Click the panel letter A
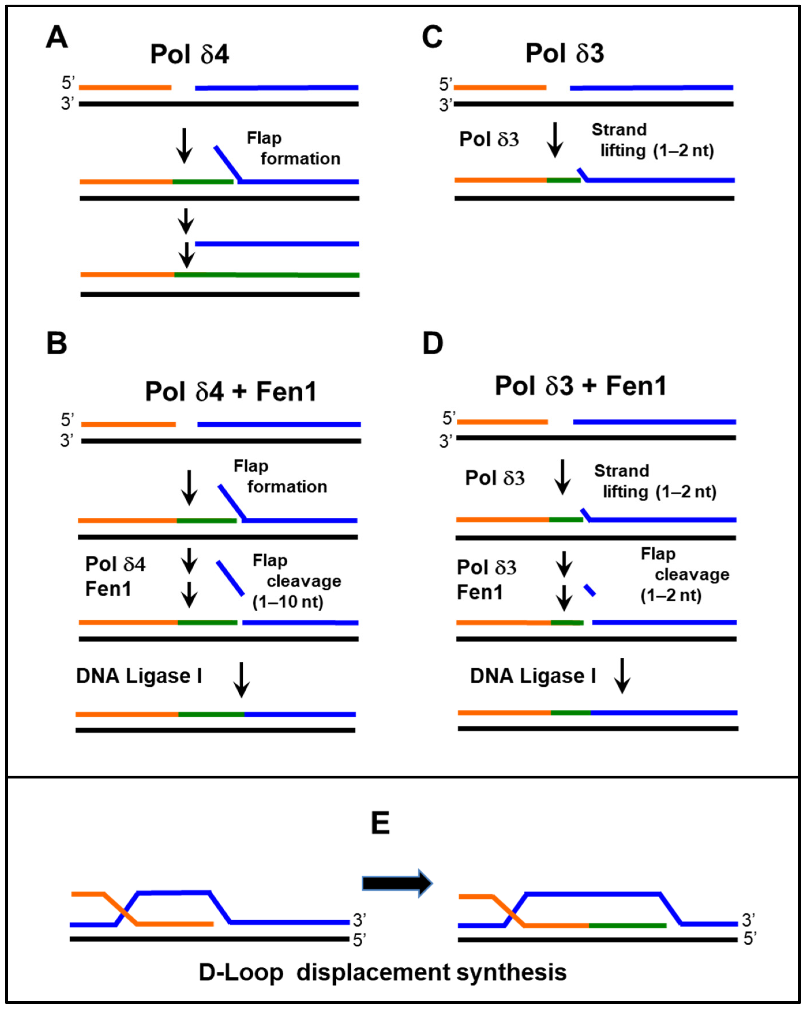(x=57, y=37)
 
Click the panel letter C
(x=432, y=37)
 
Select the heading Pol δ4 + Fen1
(x=231, y=392)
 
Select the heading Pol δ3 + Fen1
(x=580, y=386)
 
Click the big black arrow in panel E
(x=397, y=883)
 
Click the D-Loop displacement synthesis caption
(x=382, y=973)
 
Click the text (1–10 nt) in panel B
(x=288, y=602)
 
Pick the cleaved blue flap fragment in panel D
(x=589, y=590)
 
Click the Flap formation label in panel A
(x=293, y=148)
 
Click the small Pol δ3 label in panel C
(x=489, y=139)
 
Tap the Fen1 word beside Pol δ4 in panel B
(x=108, y=589)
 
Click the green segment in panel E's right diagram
(x=627, y=926)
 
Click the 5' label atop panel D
(x=448, y=418)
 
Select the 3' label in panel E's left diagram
(x=359, y=921)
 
